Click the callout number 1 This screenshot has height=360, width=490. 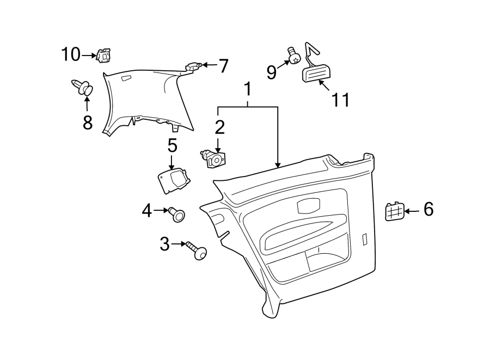tap(248, 89)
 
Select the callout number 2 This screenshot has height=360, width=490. tap(219, 127)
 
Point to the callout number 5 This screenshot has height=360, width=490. tap(172, 145)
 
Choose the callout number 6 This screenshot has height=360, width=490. tap(428, 209)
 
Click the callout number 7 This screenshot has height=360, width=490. tap(223, 66)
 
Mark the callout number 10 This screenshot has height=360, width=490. tap(70, 54)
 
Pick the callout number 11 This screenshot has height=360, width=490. tap(340, 100)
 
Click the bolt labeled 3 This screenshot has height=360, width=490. tap(197, 250)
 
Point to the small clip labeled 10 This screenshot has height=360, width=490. tap(102, 54)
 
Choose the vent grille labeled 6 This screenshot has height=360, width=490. tap(394, 211)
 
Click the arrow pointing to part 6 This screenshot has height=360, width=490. tap(412, 210)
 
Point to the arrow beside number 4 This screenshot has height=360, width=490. tap(161, 210)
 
